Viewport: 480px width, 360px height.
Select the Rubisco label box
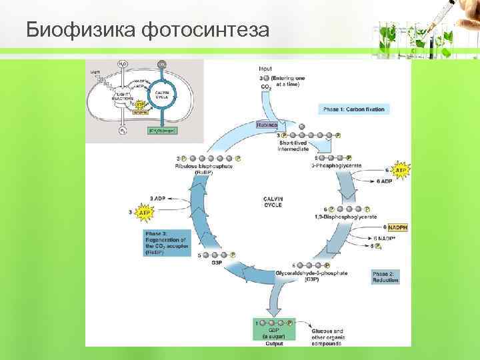pyautogui.click(x=269, y=125)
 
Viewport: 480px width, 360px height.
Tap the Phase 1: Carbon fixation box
pyautogui.click(x=353, y=109)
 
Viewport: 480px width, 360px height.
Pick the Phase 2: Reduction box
pyautogui.click(x=385, y=277)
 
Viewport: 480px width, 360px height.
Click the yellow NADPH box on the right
pyautogui.click(x=398, y=227)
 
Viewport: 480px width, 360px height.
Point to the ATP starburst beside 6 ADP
pyautogui.click(x=401, y=171)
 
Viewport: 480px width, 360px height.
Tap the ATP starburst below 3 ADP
pyautogui.click(x=143, y=213)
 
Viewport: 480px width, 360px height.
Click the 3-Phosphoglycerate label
pyautogui.click(x=336, y=165)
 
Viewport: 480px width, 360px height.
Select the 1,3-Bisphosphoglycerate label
pyautogui.click(x=345, y=217)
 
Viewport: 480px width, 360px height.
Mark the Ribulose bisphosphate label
pyautogui.click(x=203, y=166)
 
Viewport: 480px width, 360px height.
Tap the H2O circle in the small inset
pyautogui.click(x=123, y=64)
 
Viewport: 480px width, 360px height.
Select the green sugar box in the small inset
pyautogui.click(x=161, y=131)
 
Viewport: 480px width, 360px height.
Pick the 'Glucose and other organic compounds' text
pyautogui.click(x=328, y=337)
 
